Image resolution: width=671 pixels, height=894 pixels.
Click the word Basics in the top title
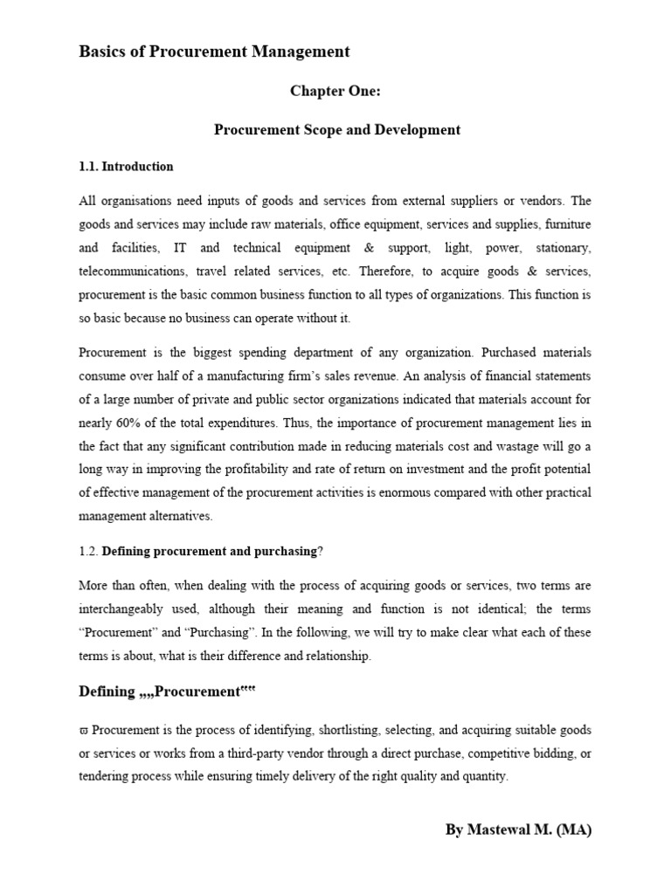[x=101, y=52]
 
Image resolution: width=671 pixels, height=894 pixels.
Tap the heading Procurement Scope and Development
[x=337, y=130]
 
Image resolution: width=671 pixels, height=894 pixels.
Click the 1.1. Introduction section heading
[x=126, y=166]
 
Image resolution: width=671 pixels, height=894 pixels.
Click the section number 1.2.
[x=88, y=550]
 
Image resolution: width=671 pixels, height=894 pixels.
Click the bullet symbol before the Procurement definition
[x=84, y=730]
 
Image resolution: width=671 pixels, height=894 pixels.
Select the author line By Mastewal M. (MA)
[x=518, y=830]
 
